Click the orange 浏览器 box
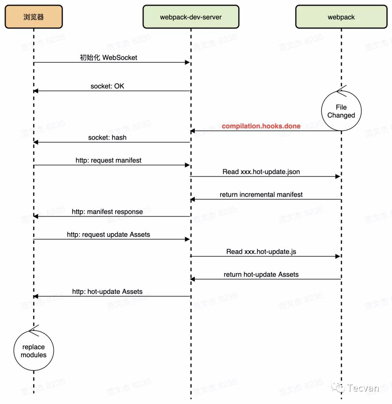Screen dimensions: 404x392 coord(34,17)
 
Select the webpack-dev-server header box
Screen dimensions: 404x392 coord(191,17)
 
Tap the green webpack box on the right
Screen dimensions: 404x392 coord(341,17)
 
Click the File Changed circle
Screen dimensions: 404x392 coord(341,111)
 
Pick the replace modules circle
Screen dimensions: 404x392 coord(34,351)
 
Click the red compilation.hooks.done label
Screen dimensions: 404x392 coord(261,126)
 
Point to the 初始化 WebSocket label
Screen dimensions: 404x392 coord(109,57)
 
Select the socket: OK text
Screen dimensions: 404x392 coord(107,86)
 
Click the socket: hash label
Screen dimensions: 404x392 coord(107,137)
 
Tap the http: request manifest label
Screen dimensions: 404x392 coord(109,160)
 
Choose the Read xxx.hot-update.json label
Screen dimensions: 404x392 coord(261,172)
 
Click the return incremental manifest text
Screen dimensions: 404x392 coord(261,195)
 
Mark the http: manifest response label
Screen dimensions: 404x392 coord(107,212)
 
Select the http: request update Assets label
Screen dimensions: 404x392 coord(109,235)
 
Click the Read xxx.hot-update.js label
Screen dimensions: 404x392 coord(261,252)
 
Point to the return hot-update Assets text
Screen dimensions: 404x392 coord(261,275)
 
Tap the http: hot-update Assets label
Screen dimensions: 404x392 coord(107,292)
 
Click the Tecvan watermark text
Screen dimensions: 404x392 coord(363,388)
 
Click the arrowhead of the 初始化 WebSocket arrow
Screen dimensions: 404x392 coord(188,63)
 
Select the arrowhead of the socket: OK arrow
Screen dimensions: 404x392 coord(36,91)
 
